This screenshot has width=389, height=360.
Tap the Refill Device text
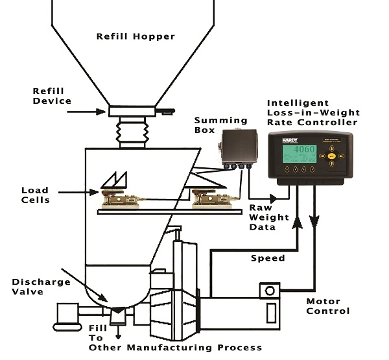53,96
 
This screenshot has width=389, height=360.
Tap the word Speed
267,258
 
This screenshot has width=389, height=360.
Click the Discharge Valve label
36,287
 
